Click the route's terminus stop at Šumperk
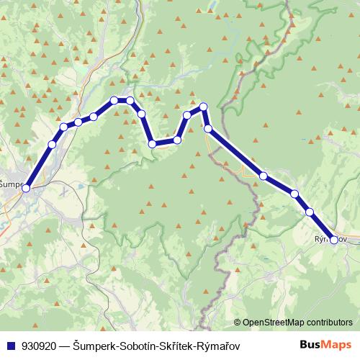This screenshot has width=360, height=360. click(x=27, y=188)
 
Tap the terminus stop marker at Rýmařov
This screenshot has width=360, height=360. click(x=333, y=240)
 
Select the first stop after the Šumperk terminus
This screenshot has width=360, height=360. click(x=52, y=145)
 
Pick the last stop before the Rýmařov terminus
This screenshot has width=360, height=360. click(x=310, y=212)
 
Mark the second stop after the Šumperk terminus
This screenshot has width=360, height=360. click(x=64, y=127)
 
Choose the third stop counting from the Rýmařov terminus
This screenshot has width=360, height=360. click(x=294, y=194)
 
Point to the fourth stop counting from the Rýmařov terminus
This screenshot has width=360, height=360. click(x=264, y=176)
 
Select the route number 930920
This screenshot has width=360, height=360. click(x=40, y=345)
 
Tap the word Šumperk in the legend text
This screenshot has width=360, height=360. click(x=94, y=345)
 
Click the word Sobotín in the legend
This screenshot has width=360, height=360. click(x=137, y=345)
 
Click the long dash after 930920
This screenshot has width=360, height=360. click(x=66, y=345)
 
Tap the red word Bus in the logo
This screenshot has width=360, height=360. click(x=310, y=344)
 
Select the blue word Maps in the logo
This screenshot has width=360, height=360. click(x=337, y=344)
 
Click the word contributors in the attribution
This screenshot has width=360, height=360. click(x=328, y=323)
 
